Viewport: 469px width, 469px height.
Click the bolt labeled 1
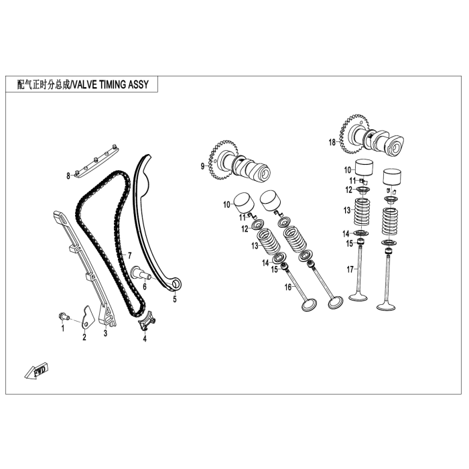63,316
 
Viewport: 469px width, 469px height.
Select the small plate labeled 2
87,318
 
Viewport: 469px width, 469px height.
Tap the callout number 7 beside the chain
129,256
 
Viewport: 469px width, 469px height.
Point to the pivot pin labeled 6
141,273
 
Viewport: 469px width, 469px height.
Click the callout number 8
68,176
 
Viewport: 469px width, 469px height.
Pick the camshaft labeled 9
239,163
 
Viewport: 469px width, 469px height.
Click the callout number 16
287,287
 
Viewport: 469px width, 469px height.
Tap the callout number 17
350,270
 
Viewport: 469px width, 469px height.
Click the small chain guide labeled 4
147,321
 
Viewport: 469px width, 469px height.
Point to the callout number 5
175,299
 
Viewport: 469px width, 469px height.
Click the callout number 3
105,333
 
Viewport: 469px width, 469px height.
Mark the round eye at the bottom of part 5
176,283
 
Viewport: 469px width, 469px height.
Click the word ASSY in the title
139,85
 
